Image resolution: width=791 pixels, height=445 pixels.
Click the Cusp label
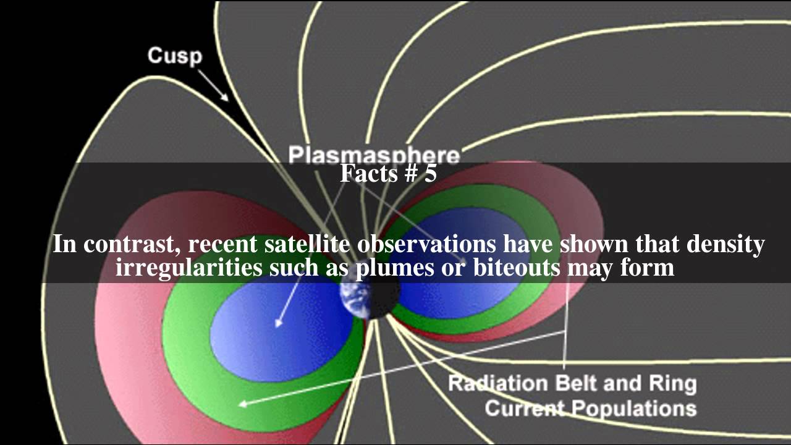tap(174, 56)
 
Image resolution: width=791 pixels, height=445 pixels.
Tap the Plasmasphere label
tap(374, 155)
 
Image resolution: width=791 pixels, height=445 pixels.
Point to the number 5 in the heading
tap(430, 174)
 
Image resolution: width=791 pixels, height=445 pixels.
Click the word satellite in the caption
tap(308, 244)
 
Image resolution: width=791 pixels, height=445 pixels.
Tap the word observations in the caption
tap(426, 244)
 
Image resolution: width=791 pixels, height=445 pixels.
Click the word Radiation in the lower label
tap(497, 383)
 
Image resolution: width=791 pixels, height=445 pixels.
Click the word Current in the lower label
tap(525, 409)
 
